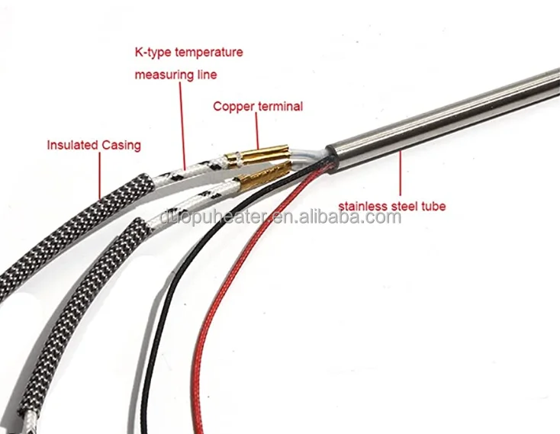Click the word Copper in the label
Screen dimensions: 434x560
coord(231,107)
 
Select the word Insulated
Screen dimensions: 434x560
coord(72,144)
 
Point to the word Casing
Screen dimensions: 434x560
coord(121,144)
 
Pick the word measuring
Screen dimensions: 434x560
coord(161,75)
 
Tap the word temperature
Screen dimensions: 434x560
coord(209,53)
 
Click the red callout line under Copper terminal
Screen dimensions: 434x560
coord(257,130)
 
